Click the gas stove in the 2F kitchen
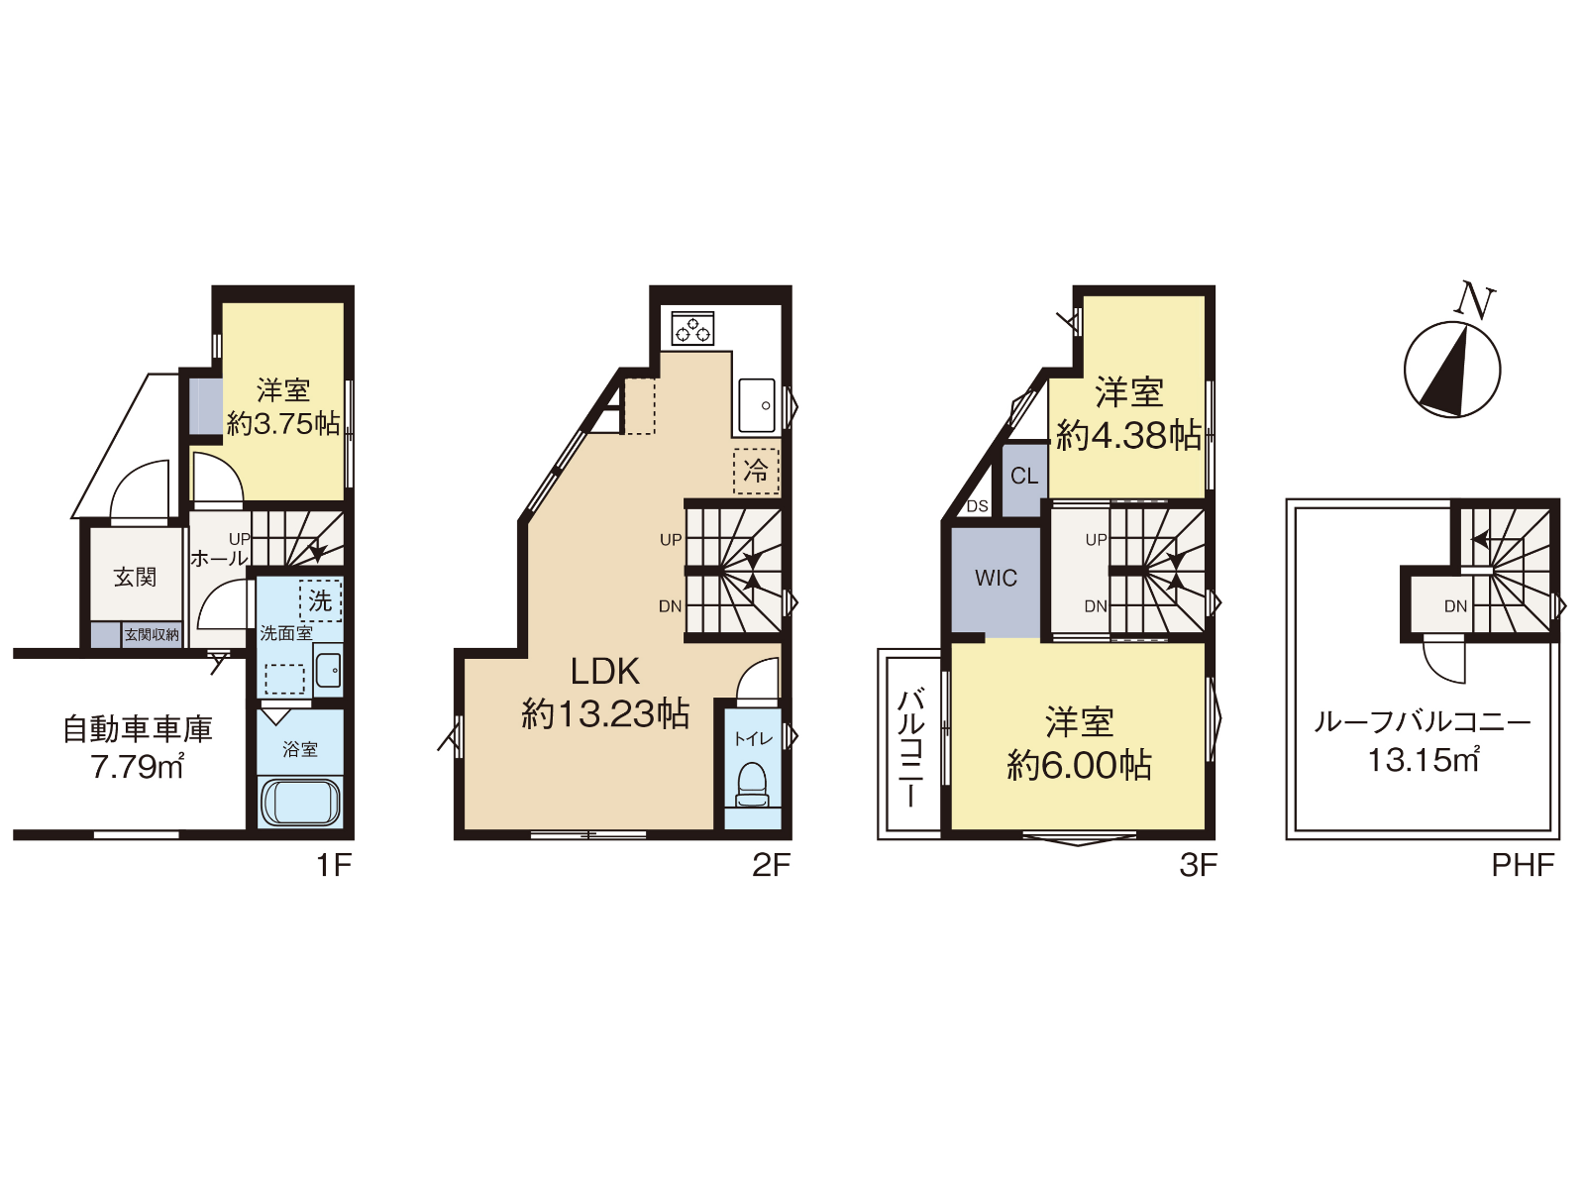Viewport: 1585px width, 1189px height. click(x=692, y=328)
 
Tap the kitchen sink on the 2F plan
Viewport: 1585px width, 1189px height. click(x=756, y=405)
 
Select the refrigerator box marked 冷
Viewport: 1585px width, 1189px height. click(x=756, y=472)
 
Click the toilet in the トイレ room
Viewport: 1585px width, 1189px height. click(x=753, y=784)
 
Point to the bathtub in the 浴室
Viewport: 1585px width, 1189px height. click(x=300, y=802)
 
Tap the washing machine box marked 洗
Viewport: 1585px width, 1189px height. click(x=321, y=600)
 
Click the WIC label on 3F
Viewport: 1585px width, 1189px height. click(x=996, y=578)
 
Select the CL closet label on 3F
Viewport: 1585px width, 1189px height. click(x=1024, y=476)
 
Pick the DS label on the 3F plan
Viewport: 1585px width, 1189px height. click(x=977, y=506)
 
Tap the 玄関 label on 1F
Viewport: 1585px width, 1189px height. click(x=135, y=577)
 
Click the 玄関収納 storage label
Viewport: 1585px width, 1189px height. click(x=152, y=635)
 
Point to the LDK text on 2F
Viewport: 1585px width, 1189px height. click(x=605, y=672)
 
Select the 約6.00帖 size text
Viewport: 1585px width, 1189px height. click(x=1079, y=765)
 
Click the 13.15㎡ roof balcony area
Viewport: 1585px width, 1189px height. click(x=1424, y=760)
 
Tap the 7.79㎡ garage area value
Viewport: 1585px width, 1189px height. click(x=137, y=767)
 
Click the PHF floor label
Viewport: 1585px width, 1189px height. click(x=1523, y=865)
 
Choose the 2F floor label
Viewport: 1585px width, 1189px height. click(x=771, y=865)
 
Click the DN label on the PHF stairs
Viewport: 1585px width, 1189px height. click(x=1456, y=606)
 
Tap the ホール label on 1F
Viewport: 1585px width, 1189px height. click(x=220, y=558)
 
